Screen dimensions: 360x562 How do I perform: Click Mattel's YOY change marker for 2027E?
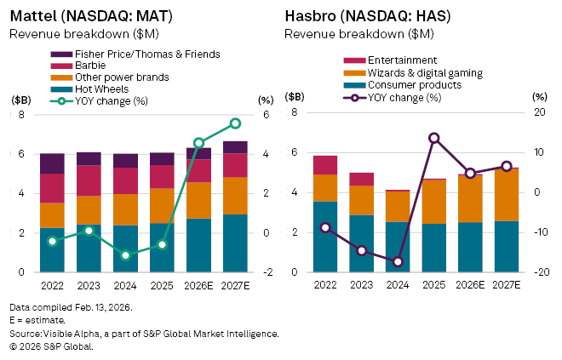(235, 123)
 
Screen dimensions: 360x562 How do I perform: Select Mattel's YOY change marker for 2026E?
(198, 143)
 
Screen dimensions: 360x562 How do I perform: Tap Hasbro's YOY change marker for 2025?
(433, 138)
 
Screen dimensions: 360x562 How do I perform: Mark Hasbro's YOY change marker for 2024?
(397, 261)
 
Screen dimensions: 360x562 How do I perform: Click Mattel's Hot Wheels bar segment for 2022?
(53, 249)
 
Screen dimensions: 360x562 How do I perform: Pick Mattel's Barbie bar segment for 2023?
(89, 180)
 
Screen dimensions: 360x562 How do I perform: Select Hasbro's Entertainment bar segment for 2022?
(324, 165)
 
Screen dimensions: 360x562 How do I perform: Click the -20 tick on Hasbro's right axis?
(541, 272)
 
